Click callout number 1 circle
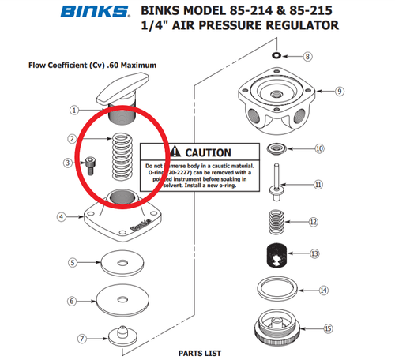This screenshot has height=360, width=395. tap(74, 111)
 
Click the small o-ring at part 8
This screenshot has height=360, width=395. tap(274, 57)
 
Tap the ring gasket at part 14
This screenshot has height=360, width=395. tap(276, 288)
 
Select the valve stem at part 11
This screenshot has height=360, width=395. tap(277, 184)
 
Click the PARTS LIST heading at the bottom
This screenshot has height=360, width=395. tap(198, 353)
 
